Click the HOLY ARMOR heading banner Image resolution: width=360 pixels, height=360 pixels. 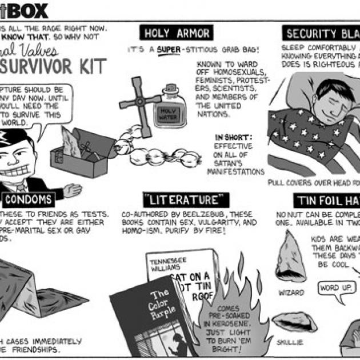click(x=176, y=33)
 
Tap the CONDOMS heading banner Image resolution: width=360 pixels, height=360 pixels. click(x=30, y=199)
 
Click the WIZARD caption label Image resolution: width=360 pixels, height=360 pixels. click(x=291, y=292)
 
